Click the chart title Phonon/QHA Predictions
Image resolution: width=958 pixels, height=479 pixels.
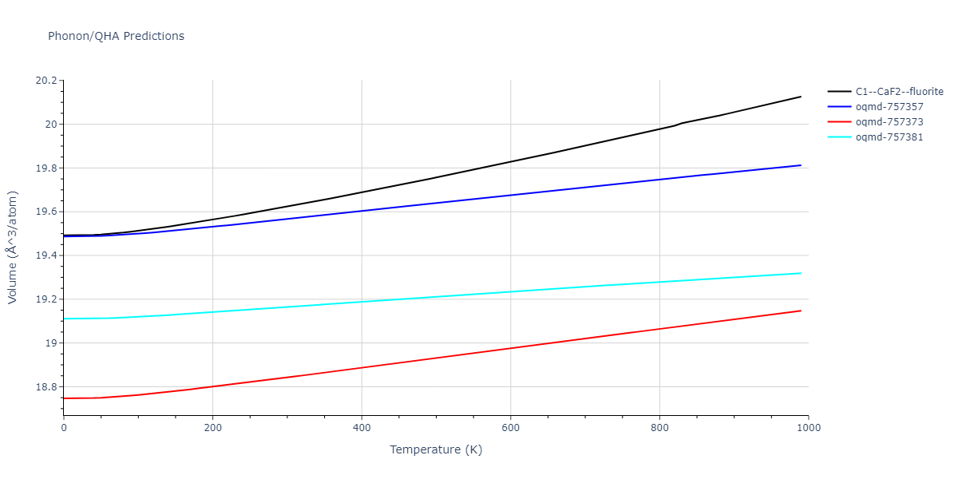coord(116,36)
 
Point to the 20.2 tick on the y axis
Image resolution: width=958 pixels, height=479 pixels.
coord(47,81)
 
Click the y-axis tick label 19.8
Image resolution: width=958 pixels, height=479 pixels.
coord(47,168)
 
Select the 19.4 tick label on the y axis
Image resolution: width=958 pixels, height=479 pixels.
coord(47,255)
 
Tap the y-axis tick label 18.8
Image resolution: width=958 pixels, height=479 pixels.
coord(47,387)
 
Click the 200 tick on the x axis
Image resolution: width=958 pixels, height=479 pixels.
coord(212,428)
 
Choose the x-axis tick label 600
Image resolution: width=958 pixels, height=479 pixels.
coord(510,428)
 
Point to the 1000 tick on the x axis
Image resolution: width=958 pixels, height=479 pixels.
coord(808,428)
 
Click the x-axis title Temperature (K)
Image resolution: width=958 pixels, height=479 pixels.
coord(436,449)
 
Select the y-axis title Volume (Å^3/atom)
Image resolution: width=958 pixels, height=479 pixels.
coord(13,247)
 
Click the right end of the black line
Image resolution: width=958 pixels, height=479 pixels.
coord(801,97)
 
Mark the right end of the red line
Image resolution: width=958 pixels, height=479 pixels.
coord(801,311)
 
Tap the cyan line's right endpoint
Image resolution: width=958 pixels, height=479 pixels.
coord(801,273)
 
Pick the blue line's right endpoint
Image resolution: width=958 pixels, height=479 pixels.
coord(801,165)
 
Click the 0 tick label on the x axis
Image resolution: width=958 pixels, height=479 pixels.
coord(64,428)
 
